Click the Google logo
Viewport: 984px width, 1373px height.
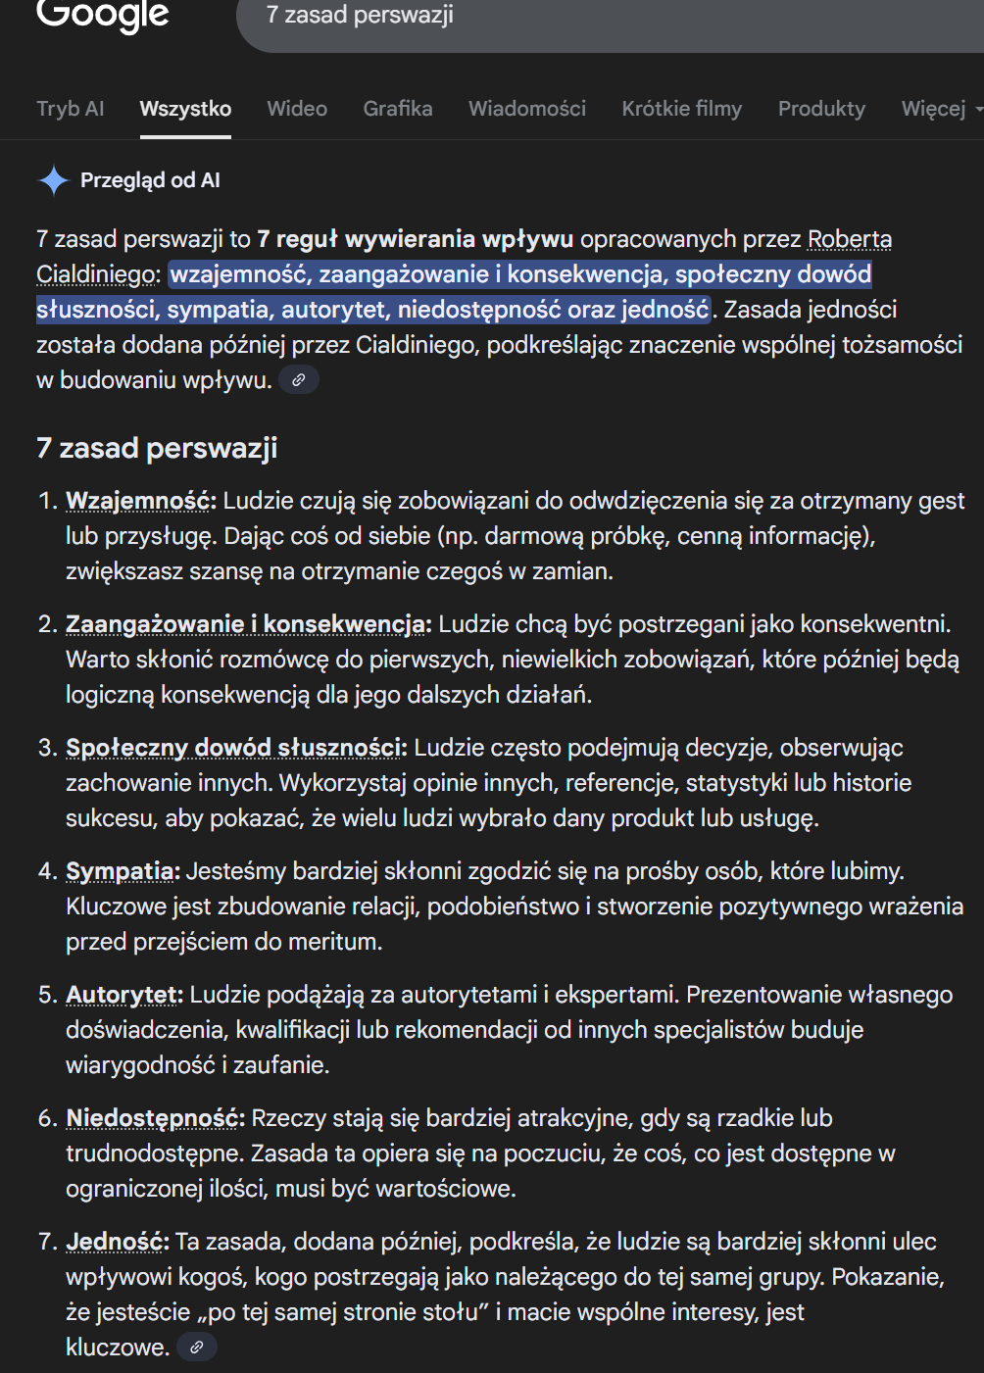pyautogui.click(x=102, y=14)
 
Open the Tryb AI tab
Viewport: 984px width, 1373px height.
pyautogui.click(x=71, y=109)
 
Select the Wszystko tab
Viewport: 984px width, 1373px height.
pyautogui.click(x=185, y=109)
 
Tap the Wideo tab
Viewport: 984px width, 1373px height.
pyautogui.click(x=297, y=109)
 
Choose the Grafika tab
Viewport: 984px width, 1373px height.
pyautogui.click(x=398, y=109)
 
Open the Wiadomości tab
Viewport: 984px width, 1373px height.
pyautogui.click(x=527, y=109)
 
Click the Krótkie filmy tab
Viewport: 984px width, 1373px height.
pyautogui.click(x=682, y=109)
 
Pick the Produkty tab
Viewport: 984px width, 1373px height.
pyautogui.click(x=821, y=109)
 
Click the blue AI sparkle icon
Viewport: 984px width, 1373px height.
pyautogui.click(x=53, y=180)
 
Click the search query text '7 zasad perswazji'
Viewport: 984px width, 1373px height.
pyautogui.click(x=360, y=16)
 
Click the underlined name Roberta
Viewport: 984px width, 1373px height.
pyautogui.click(x=850, y=239)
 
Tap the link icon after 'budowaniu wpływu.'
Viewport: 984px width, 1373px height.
pyautogui.click(x=299, y=380)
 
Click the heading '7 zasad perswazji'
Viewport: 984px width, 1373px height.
pyautogui.click(x=157, y=448)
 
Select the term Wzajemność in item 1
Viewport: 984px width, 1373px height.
pyautogui.click(x=139, y=501)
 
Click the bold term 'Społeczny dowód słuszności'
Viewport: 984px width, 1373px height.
pyautogui.click(x=234, y=748)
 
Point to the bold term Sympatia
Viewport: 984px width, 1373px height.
pyautogui.click(x=121, y=871)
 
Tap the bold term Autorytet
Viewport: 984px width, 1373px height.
pyautogui.click(x=123, y=995)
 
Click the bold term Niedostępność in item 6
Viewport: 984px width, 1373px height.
pyautogui.click(x=154, y=1118)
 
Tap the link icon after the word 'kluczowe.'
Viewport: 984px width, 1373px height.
pyautogui.click(x=197, y=1348)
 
